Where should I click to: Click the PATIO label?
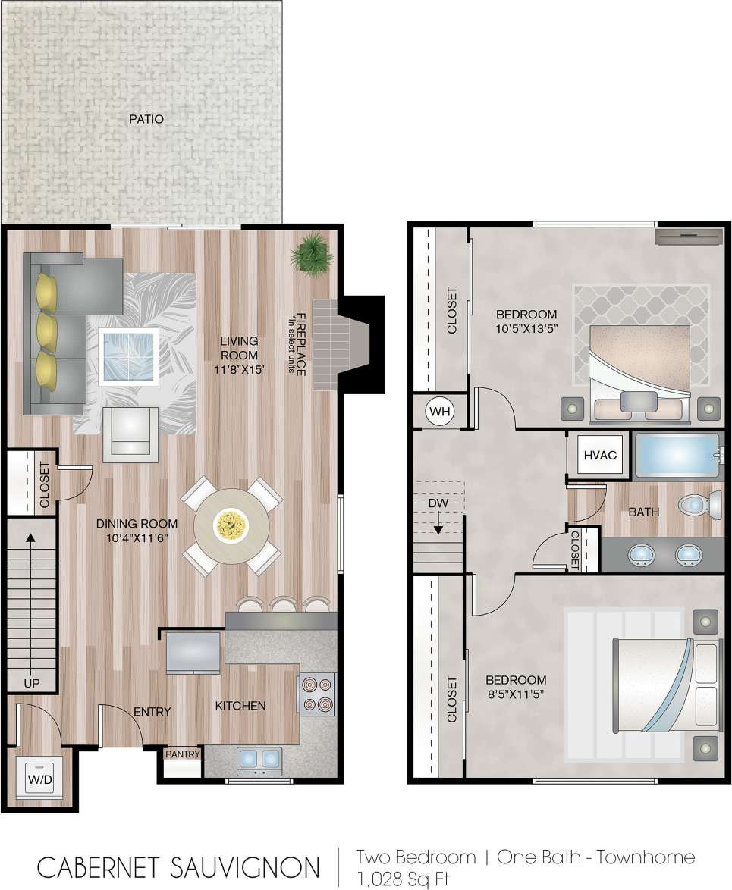(146, 119)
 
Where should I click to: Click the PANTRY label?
(182, 754)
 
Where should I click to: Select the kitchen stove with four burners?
(318, 694)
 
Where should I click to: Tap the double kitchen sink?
(259, 760)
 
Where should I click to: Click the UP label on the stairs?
(31, 683)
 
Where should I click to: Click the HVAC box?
(598, 456)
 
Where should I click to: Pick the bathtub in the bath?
(676, 455)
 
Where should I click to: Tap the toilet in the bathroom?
(699, 503)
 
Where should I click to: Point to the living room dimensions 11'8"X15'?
(240, 370)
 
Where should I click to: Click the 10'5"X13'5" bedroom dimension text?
(526, 330)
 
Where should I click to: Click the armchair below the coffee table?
(130, 434)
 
